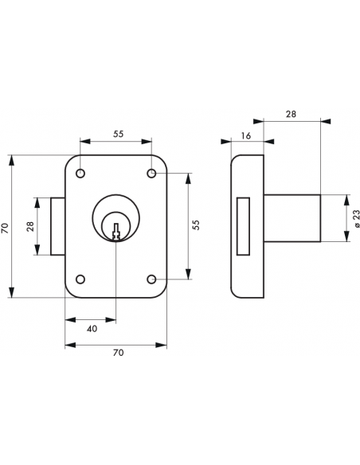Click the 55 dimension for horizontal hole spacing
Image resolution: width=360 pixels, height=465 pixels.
point(117,135)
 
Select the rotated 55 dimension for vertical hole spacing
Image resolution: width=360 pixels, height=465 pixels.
point(196,225)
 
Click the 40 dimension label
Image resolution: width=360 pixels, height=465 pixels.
point(92,327)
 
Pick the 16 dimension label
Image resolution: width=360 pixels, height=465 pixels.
point(245,136)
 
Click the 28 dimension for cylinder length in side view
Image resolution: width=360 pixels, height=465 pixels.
point(291,115)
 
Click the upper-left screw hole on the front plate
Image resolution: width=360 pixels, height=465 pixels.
point(80,174)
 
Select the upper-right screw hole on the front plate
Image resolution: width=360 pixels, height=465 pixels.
point(151,174)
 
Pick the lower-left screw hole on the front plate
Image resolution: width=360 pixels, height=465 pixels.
point(80,279)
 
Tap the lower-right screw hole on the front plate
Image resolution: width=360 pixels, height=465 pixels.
point(151,279)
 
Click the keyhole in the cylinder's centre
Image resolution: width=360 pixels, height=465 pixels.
point(116,231)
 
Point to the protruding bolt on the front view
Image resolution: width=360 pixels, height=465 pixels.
point(57,226)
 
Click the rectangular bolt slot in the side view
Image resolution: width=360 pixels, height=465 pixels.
point(245,226)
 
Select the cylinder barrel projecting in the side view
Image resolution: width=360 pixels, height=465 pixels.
point(292,217)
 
